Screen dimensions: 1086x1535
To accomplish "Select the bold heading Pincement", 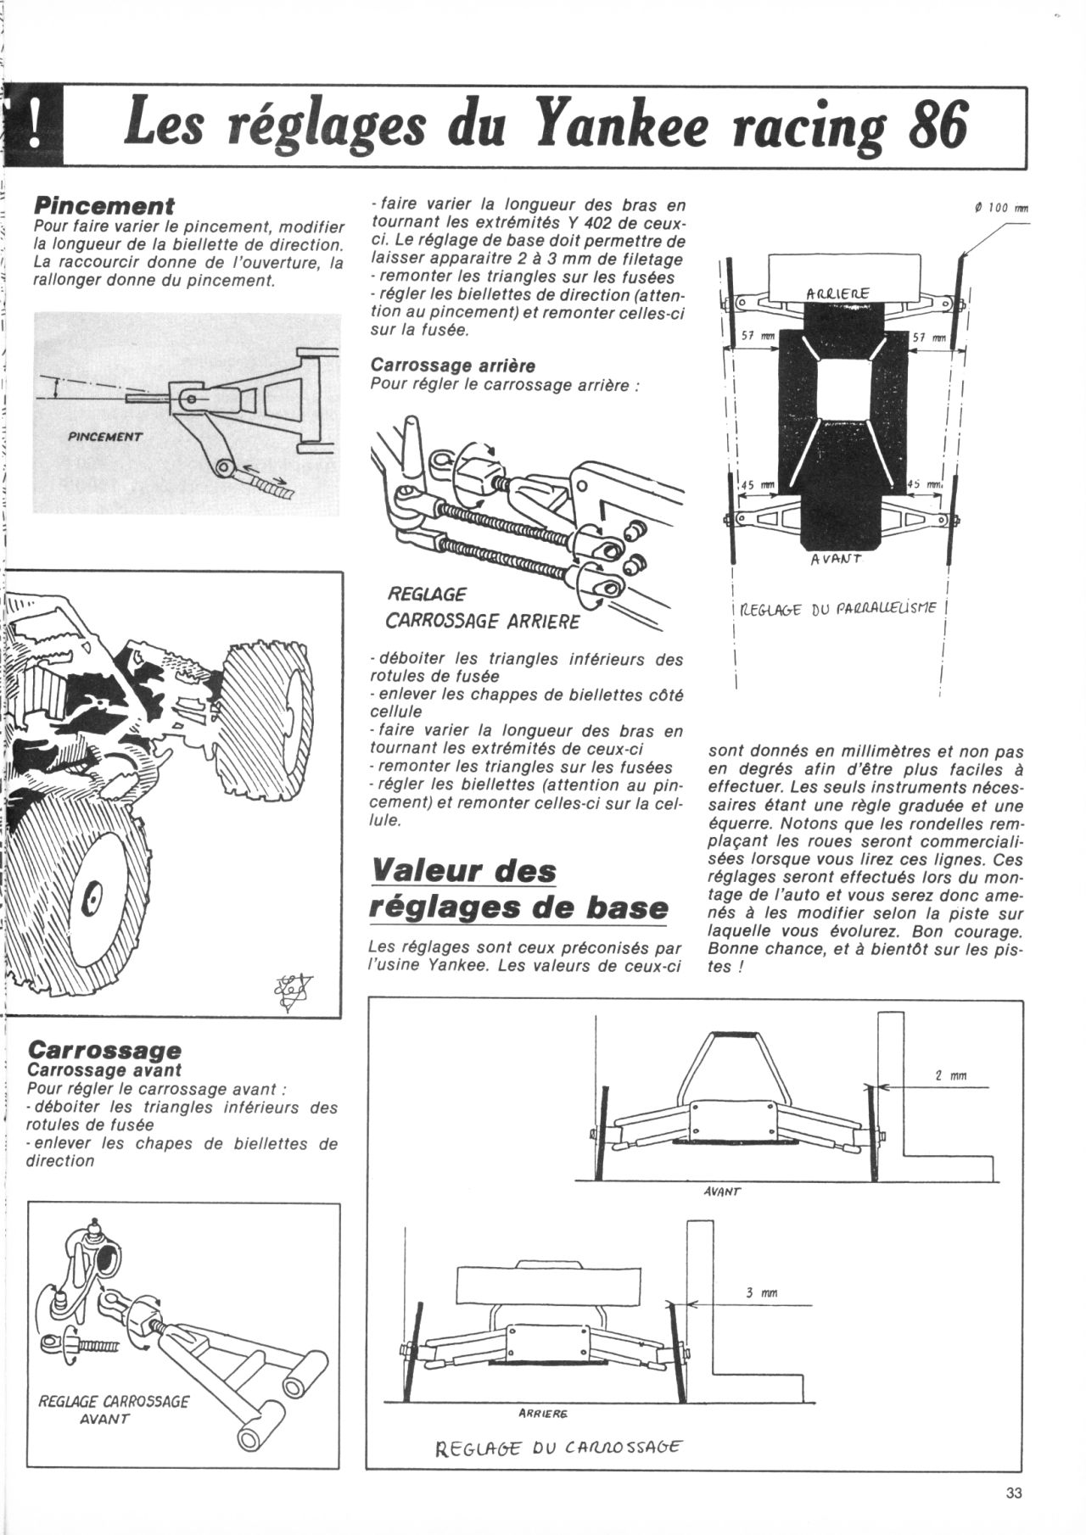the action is [x=104, y=205].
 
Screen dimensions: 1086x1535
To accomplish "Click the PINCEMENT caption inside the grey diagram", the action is [x=105, y=437].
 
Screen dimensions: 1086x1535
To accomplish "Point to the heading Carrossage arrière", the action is [x=453, y=366].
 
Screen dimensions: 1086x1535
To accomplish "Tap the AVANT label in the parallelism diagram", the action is [x=837, y=558].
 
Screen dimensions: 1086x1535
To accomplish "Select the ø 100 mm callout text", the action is [x=1001, y=208].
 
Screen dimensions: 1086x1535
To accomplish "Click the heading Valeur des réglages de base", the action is [x=518, y=889].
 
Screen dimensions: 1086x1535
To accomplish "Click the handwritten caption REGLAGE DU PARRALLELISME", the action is [x=837, y=607].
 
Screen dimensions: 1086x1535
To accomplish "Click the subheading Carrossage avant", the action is [x=104, y=1070].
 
